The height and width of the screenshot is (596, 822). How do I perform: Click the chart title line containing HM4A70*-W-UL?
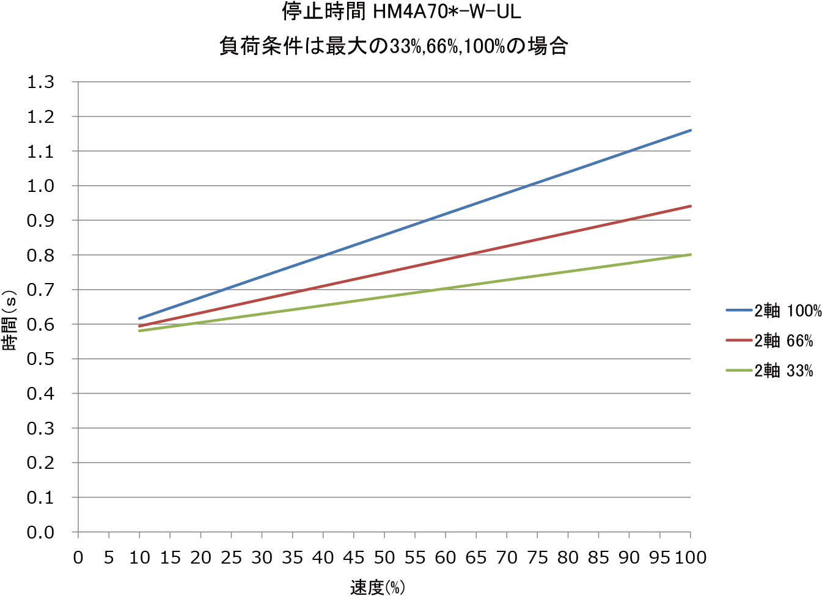pos(401,12)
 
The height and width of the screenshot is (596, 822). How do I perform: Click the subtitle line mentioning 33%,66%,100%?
pos(394,46)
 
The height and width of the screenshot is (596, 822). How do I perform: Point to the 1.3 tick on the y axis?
pos(40,82)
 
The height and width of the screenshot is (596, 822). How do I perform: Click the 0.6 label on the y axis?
pos(40,325)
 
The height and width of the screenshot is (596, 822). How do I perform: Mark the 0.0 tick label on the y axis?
pos(40,532)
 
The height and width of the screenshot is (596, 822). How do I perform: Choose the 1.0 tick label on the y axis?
pos(40,186)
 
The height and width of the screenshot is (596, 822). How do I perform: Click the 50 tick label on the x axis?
pos(384,557)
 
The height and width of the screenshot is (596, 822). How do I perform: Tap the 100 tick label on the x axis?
pos(690,557)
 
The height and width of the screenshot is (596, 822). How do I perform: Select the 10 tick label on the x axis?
pos(139,557)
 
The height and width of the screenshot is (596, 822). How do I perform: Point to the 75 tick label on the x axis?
pos(537,557)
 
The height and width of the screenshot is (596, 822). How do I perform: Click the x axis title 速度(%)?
pos(377,587)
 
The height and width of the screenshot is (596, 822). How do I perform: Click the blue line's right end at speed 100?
pos(690,130)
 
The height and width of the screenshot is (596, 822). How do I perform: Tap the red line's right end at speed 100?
pos(690,206)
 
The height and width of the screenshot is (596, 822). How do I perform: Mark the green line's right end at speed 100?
pos(690,254)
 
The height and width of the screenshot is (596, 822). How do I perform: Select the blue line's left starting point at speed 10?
pos(140,318)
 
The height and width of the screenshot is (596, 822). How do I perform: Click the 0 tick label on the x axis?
pos(78,557)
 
